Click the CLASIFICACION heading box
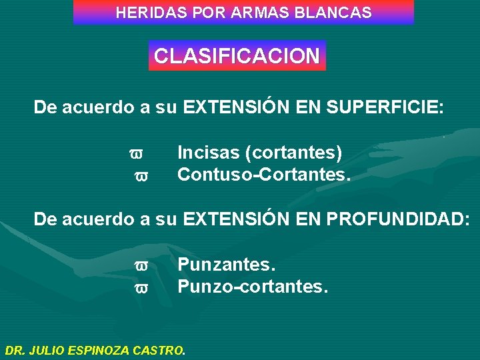(237, 56)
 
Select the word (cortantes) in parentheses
(294, 153)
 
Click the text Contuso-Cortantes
(263, 175)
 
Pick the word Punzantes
(226, 265)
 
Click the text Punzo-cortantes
(253, 287)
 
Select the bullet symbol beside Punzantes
(141, 267)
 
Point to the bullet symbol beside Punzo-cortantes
(141, 289)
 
